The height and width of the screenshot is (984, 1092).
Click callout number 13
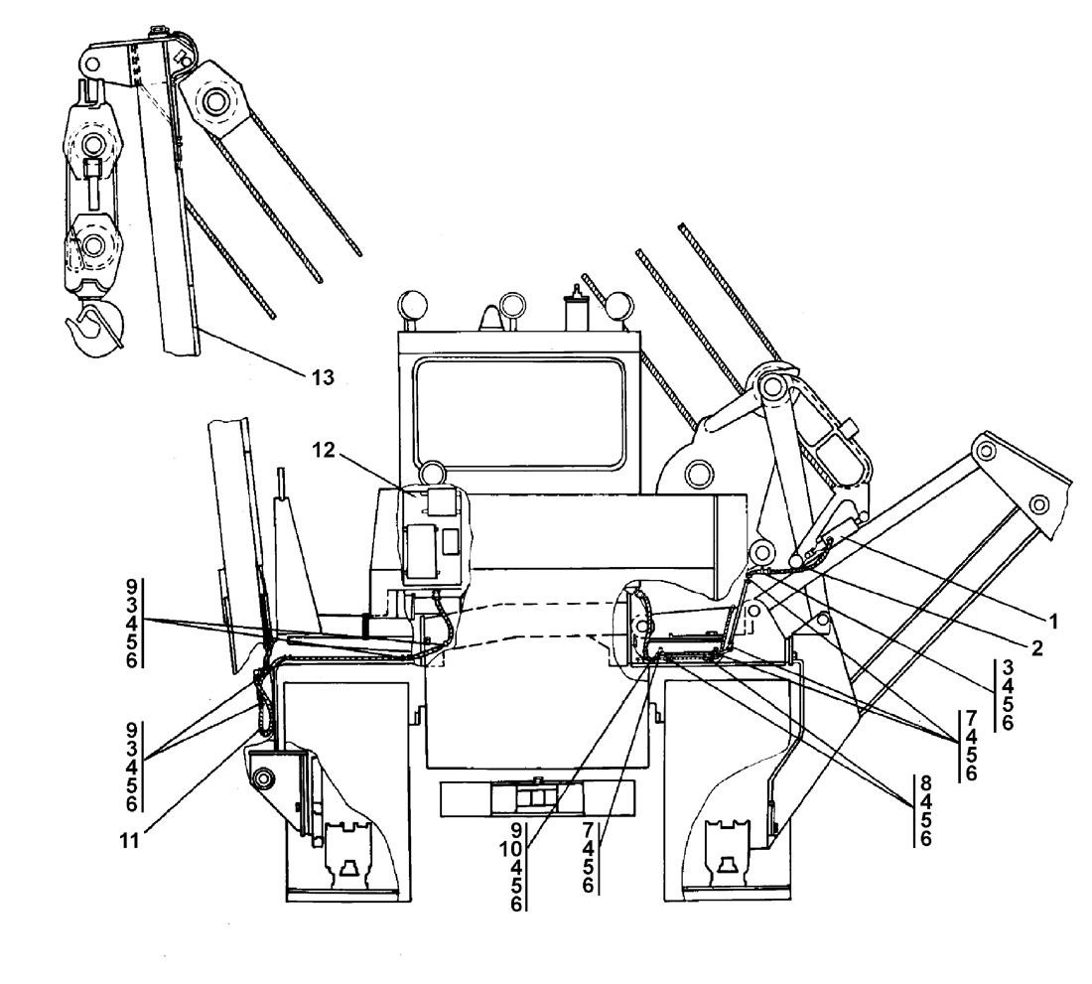pos(323,377)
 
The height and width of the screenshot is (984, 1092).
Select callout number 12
pos(324,450)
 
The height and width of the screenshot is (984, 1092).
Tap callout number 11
pos(129,841)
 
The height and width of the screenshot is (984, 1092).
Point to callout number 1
pos(1053,622)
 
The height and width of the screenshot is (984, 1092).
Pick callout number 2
pos(1037,648)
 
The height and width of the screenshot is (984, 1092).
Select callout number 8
pos(925,783)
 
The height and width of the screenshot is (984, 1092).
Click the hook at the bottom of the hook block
pos(94,328)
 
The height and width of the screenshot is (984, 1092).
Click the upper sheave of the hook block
pos(92,144)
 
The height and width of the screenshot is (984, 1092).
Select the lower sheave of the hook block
pos(93,246)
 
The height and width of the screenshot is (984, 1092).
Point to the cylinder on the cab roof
pos(577,309)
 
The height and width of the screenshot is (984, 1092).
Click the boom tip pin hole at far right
pos(1038,504)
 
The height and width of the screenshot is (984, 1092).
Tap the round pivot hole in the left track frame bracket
pos(263,776)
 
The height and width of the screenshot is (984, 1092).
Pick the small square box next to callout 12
pos(442,500)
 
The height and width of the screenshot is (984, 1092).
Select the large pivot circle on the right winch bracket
pos(699,475)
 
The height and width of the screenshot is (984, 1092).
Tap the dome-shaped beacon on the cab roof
pos(491,318)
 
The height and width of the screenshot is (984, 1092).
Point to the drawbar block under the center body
pos(536,798)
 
